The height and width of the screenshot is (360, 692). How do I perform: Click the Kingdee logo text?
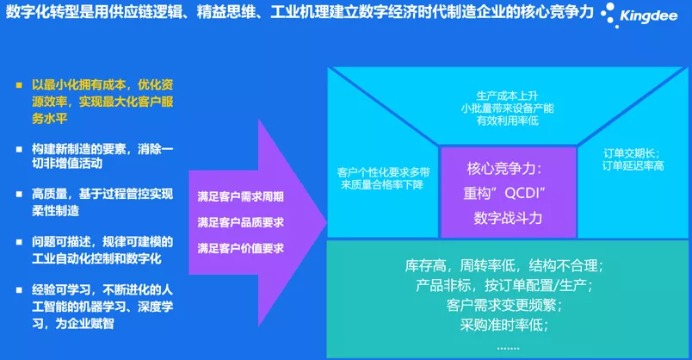click(x=648, y=16)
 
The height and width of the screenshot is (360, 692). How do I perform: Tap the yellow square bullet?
click(x=19, y=84)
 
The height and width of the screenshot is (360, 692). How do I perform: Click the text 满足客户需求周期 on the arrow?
click(x=240, y=196)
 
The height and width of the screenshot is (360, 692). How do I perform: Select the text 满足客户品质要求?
click(x=240, y=222)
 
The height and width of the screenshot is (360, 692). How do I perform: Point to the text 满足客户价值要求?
click(x=240, y=248)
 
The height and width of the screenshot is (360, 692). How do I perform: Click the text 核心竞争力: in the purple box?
click(x=504, y=168)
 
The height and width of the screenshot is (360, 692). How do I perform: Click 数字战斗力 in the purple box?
click(x=508, y=218)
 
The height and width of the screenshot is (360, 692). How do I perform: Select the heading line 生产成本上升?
click(x=508, y=96)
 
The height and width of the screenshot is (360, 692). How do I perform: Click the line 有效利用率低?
click(x=508, y=121)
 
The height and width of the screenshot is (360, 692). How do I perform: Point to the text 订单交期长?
click(x=632, y=153)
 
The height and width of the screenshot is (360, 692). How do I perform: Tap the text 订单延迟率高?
click(x=633, y=165)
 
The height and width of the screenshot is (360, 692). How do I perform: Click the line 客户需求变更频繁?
click(x=504, y=305)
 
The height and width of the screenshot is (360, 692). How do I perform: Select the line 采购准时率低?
click(x=504, y=325)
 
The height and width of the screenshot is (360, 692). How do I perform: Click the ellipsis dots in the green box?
click(x=508, y=348)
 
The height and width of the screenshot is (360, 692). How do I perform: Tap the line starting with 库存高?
click(x=504, y=265)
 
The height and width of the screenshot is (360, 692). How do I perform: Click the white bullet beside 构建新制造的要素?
click(x=19, y=149)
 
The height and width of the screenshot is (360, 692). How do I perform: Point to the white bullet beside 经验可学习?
click(x=19, y=290)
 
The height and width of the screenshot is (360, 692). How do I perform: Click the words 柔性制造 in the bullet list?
click(x=56, y=211)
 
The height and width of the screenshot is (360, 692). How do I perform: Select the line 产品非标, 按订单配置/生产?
click(x=504, y=285)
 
